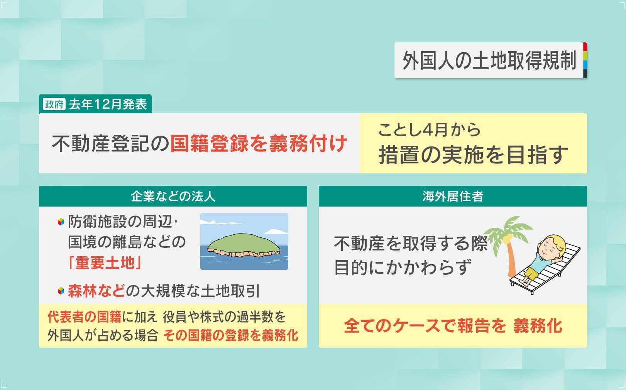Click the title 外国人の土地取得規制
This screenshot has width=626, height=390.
pyautogui.click(x=489, y=61)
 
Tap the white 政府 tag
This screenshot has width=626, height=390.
pyautogui.click(x=54, y=104)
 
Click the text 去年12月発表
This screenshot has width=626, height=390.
pyautogui.click(x=108, y=104)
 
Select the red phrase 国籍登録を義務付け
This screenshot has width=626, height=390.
pyautogui.click(x=259, y=144)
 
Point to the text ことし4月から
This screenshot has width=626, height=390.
pyautogui.click(x=429, y=130)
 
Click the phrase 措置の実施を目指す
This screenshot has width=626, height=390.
pyautogui.click(x=473, y=155)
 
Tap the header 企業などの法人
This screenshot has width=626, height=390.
pyautogui.click(x=173, y=196)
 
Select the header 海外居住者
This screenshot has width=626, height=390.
pyautogui.click(x=453, y=196)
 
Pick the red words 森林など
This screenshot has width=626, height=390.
pyautogui.click(x=96, y=291)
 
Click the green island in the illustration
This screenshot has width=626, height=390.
pyautogui.click(x=244, y=245)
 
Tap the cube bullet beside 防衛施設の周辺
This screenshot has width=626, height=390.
pyautogui.click(x=61, y=222)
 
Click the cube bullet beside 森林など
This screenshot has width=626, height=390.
pyautogui.click(x=61, y=291)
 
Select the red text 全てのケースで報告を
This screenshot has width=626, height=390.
pyautogui.click(x=425, y=326)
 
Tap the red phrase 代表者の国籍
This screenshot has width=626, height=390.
pyautogui.click(x=85, y=317)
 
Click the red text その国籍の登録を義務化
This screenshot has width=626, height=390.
pyautogui.click(x=231, y=335)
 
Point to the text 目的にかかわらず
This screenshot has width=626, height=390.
pyautogui.click(x=403, y=267)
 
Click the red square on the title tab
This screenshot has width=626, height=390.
pyautogui.click(x=585, y=47)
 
